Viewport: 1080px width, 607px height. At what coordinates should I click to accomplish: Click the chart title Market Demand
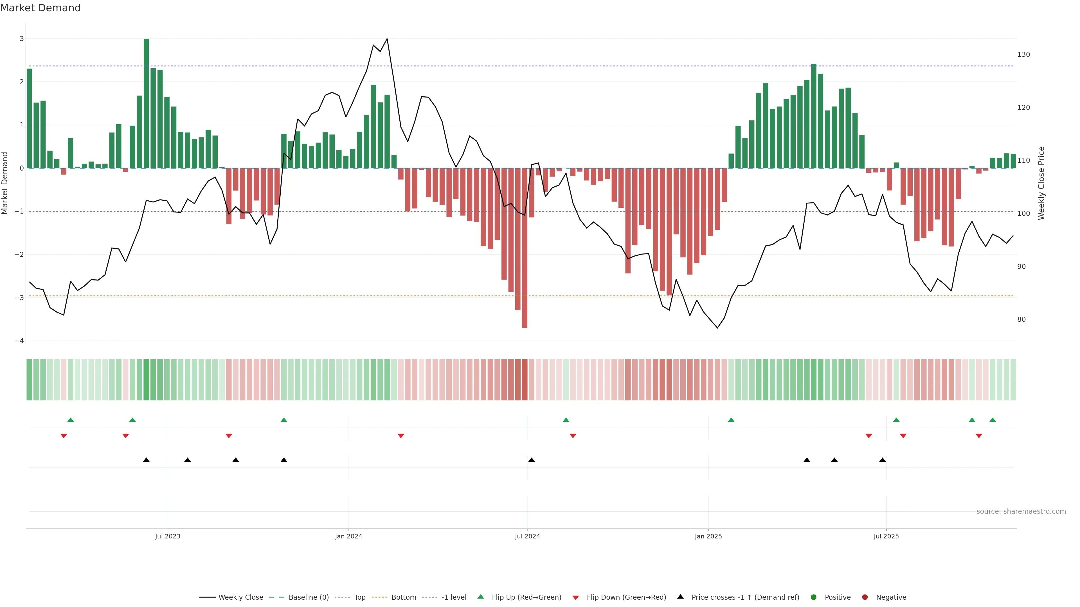coord(40,8)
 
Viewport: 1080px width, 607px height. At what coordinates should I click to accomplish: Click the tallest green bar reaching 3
coord(146,103)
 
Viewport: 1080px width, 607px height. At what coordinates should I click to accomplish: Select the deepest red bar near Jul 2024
coord(525,247)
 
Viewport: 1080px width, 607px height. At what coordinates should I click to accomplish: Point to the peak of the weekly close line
coord(386,39)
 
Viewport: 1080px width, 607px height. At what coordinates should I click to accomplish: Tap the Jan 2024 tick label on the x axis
coord(348,536)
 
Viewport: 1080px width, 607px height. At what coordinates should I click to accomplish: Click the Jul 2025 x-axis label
coord(886,536)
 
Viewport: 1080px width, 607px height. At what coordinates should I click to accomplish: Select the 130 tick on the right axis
coord(1023,55)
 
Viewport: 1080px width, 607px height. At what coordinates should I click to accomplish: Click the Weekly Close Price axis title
coord(1041,183)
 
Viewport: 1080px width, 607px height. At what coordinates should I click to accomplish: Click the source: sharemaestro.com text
coord(1021,511)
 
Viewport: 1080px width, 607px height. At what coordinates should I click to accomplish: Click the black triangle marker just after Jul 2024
coord(532,460)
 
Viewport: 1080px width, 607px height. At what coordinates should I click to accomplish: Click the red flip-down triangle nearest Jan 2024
coord(401,436)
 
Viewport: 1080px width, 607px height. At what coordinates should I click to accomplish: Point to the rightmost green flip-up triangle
coord(992,420)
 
